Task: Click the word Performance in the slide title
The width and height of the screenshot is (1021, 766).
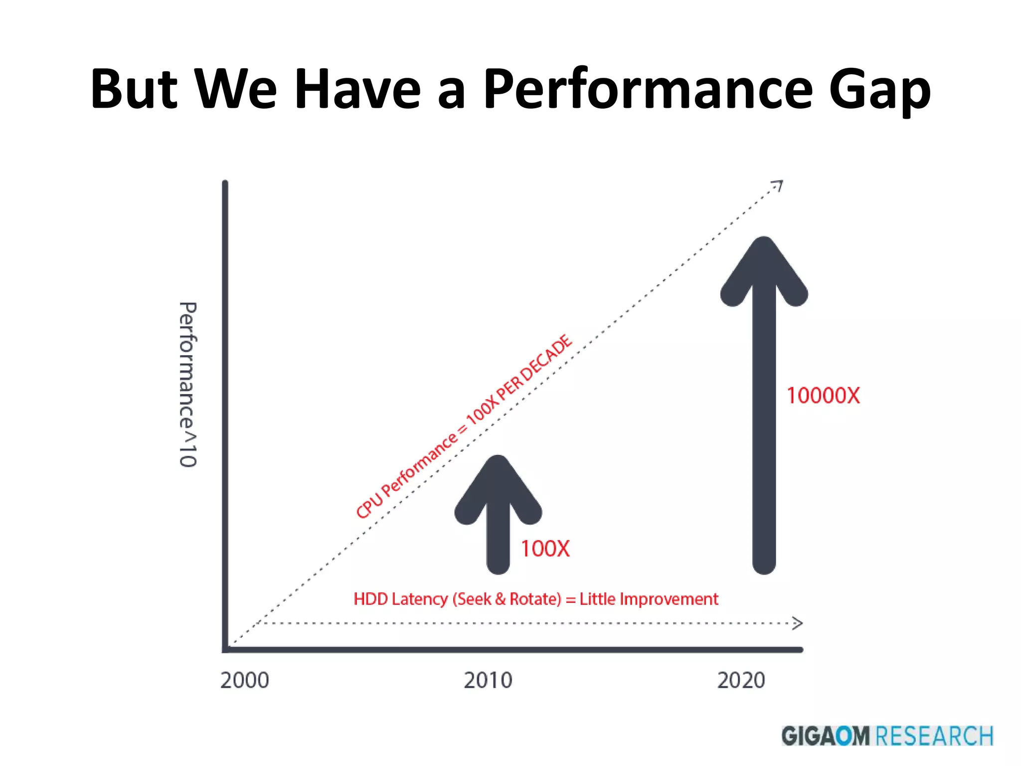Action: click(648, 90)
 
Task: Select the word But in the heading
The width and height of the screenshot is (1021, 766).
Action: click(134, 90)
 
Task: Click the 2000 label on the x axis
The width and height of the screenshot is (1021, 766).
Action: click(244, 680)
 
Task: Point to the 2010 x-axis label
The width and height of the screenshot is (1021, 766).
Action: click(488, 680)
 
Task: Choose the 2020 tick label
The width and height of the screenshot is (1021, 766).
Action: click(741, 680)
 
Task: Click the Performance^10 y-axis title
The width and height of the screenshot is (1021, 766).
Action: click(188, 384)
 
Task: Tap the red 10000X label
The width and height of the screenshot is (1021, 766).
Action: click(823, 395)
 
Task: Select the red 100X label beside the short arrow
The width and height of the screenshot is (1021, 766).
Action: click(545, 549)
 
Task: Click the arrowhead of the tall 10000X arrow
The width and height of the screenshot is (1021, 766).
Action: click(764, 264)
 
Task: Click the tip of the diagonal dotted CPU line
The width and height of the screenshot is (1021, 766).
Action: click(779, 185)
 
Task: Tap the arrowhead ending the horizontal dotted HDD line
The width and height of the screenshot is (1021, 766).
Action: click(798, 623)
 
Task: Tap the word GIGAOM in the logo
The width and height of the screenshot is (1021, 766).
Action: click(825, 736)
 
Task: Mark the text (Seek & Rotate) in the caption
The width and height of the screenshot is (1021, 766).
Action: click(507, 598)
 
